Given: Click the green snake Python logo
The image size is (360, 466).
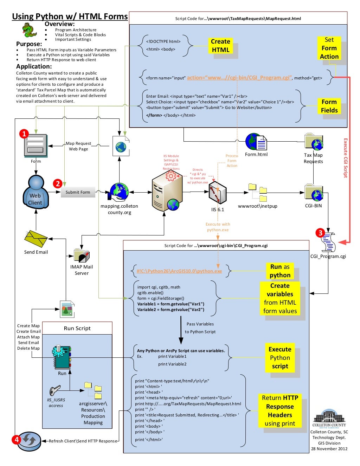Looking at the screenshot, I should click(29, 31).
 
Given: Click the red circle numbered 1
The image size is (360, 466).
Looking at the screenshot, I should click(24, 134).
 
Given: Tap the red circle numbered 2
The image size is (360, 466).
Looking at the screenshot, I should click(57, 183).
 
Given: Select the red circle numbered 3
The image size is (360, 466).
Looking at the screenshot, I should click(320, 233).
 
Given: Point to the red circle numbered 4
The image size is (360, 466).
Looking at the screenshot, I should click(16, 439).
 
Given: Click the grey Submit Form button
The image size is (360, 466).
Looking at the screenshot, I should click(78, 192).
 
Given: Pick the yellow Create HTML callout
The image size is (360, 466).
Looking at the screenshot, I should click(220, 46).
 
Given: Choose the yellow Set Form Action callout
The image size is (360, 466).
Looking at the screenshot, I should click(329, 48).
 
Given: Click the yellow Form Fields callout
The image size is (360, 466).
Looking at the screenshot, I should click(329, 106).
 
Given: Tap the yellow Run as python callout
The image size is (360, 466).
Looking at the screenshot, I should click(280, 271).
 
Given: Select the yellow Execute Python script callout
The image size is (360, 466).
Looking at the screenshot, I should click(280, 358).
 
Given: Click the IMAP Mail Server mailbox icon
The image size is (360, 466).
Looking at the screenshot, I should click(82, 255).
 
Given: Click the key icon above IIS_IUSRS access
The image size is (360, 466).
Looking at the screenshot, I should click(54, 391).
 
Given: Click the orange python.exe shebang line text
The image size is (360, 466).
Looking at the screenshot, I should click(179, 271).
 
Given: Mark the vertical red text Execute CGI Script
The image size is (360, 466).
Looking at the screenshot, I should click(346, 158).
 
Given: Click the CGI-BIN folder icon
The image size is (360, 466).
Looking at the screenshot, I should click(314, 193).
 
